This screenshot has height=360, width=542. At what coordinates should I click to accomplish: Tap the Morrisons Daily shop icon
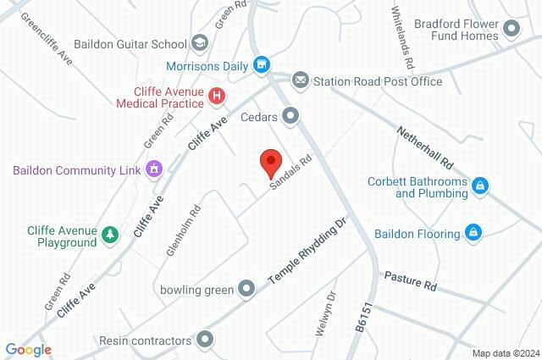tap(263, 64)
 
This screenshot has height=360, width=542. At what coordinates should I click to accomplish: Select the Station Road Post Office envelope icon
tap(300, 81)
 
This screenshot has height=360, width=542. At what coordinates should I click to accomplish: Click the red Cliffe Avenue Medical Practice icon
tap(217, 97)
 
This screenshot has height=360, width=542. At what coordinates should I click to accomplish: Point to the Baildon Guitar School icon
tap(200, 42)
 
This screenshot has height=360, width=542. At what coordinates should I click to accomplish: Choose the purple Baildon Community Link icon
tap(153, 169)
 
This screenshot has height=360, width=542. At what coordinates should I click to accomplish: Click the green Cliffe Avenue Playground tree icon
tap(109, 235)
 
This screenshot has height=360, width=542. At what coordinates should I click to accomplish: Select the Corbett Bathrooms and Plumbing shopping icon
tap(480, 186)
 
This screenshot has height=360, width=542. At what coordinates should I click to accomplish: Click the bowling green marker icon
tap(246, 290)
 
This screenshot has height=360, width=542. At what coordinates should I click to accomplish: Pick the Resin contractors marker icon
tap(204, 341)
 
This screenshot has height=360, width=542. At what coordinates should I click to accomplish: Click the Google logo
tap(28, 350)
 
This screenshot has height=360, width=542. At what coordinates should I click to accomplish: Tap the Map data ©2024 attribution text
tap(505, 353)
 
